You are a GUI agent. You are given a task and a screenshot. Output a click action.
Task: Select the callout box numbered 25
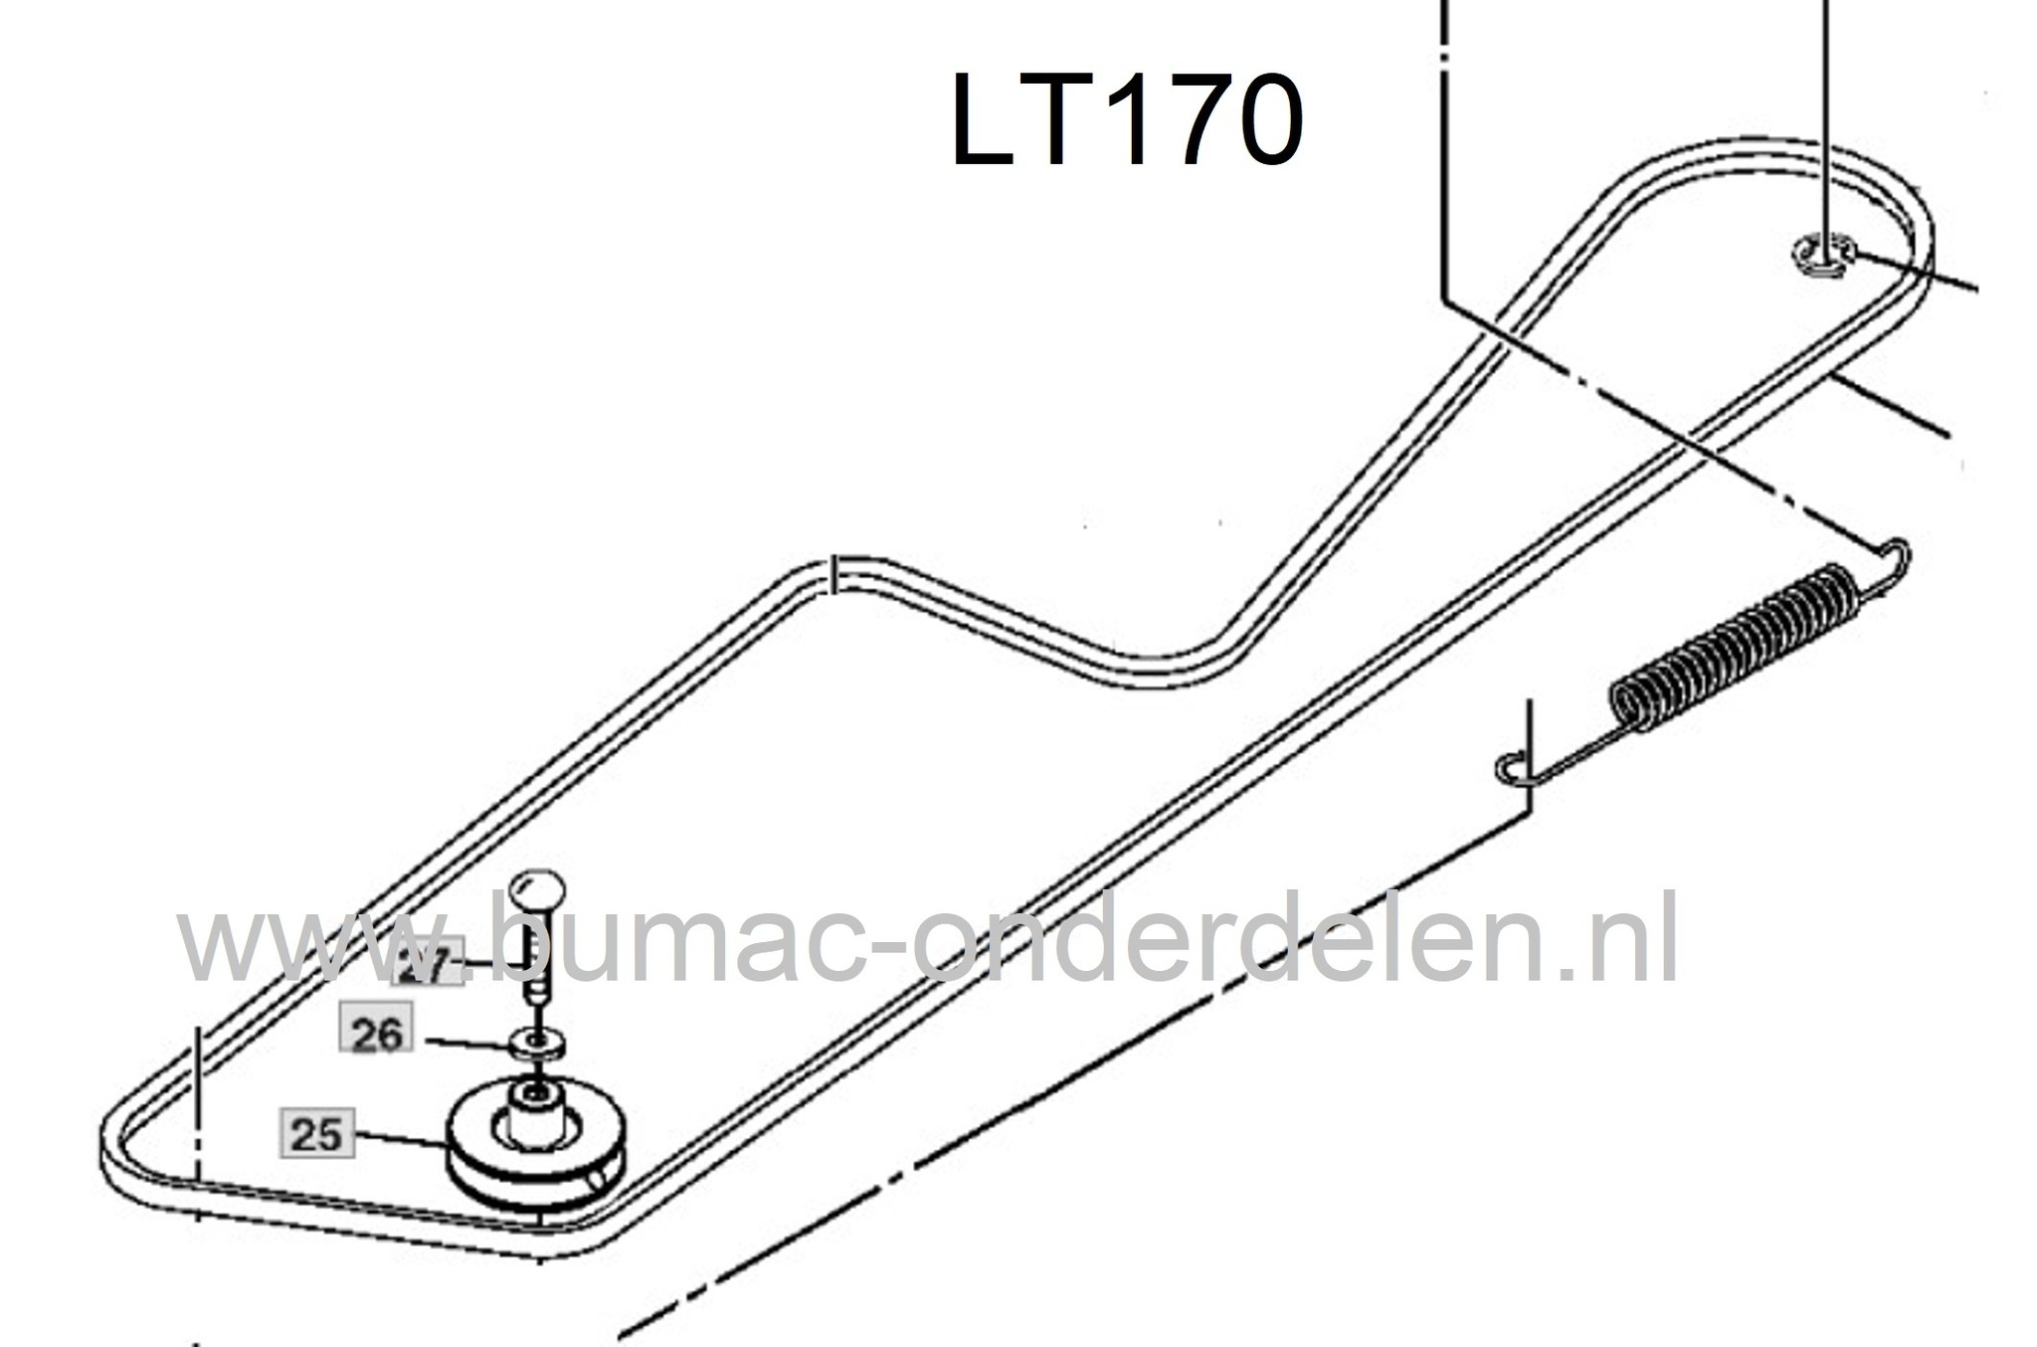tap(317, 1134)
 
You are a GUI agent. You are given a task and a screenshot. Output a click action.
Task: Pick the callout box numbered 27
tap(429, 964)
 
